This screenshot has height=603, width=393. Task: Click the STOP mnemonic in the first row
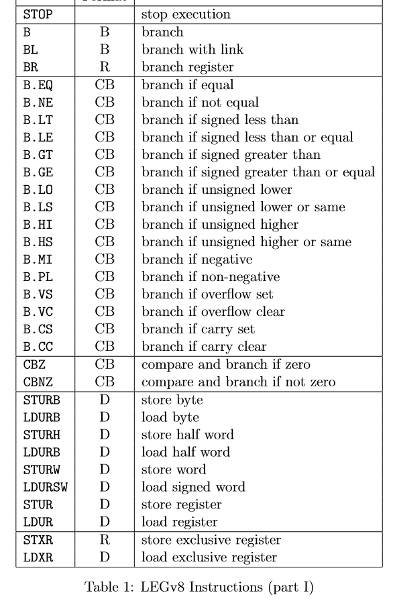[x=35, y=14]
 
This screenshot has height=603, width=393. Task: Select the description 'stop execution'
[x=186, y=14]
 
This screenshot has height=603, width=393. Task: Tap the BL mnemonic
[x=30, y=49]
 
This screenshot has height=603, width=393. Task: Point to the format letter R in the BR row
[x=105, y=66]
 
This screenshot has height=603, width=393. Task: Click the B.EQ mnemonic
[x=36, y=86]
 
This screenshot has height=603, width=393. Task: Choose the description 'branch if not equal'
[x=201, y=103]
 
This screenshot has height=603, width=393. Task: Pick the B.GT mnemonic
[x=36, y=156]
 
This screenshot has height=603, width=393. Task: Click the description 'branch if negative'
[x=196, y=260]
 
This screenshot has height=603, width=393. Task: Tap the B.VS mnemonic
[x=36, y=294]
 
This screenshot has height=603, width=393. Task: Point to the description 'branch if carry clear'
[x=213, y=347]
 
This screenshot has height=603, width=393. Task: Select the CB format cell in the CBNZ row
[x=105, y=383]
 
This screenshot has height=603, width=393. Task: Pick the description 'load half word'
[x=185, y=453]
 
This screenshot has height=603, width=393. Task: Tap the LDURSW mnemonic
[x=41, y=488]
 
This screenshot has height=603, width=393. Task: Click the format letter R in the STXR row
[x=105, y=540]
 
